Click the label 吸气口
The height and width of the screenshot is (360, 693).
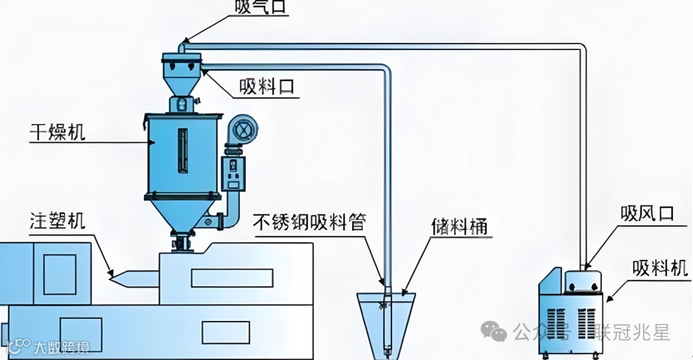260,7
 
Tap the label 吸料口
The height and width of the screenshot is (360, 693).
268,86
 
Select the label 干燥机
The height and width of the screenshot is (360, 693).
57,132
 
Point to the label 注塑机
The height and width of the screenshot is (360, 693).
57,221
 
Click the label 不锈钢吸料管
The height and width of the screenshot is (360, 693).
310,222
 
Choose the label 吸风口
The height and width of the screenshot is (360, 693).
647,213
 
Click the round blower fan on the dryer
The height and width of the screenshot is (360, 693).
244,131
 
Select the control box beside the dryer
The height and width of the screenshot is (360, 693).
233,173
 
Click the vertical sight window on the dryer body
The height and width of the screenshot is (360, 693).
182,151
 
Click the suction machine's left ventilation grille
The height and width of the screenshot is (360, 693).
558,325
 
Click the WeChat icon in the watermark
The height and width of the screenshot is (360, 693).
494,332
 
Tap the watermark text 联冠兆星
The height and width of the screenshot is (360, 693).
631,332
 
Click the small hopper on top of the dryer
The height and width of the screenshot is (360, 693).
181,73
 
